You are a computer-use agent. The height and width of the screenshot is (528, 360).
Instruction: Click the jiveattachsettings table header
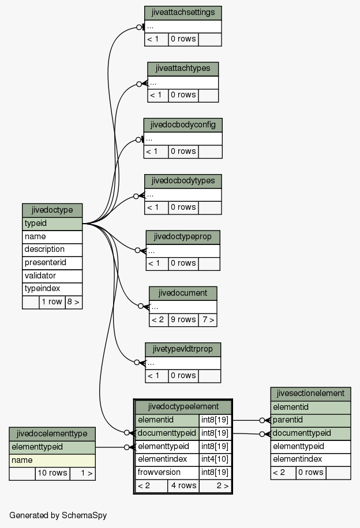(x=183, y=13)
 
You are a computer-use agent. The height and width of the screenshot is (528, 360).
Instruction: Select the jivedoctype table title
(x=52, y=210)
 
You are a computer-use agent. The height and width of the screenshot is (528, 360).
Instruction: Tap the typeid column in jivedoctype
(x=52, y=224)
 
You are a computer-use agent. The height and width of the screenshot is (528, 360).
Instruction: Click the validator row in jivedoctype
(x=52, y=276)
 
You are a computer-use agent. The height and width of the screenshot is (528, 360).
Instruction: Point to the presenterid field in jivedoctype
(x=52, y=263)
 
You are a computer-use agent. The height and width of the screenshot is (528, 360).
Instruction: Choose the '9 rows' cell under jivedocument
(x=183, y=319)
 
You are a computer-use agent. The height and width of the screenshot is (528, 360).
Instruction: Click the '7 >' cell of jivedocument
(x=208, y=319)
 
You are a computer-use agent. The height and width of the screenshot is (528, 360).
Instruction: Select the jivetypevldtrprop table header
(x=183, y=349)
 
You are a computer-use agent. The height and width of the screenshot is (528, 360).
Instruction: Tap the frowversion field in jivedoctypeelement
(x=167, y=473)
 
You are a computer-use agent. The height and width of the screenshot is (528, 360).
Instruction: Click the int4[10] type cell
(x=215, y=459)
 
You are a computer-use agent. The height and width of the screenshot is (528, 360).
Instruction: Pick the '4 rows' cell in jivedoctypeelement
(x=183, y=485)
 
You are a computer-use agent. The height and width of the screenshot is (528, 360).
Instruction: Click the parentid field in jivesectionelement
(x=310, y=420)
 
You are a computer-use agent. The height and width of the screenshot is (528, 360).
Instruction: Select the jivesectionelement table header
(x=310, y=394)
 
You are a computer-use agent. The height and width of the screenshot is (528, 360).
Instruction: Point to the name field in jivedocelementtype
(x=52, y=461)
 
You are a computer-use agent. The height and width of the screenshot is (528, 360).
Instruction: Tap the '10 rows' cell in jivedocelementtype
(x=52, y=473)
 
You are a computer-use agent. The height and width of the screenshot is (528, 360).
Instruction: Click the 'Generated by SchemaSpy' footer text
(x=58, y=515)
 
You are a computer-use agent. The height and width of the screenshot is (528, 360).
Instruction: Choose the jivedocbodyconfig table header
(x=183, y=125)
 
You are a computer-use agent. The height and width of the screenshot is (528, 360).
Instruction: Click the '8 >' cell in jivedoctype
(x=73, y=302)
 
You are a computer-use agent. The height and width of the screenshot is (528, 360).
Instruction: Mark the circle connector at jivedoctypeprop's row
(x=137, y=251)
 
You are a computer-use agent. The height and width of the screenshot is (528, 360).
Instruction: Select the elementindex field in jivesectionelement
(x=310, y=459)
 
